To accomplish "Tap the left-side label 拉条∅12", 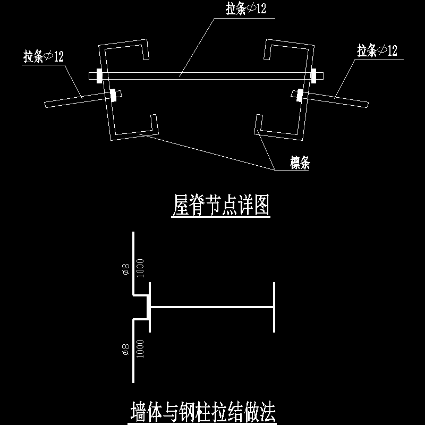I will (x=44, y=56).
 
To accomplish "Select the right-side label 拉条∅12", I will (x=377, y=51).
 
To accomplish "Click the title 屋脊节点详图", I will (x=222, y=206).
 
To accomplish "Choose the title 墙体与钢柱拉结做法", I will (x=203, y=412).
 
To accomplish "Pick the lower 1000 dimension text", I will (x=140, y=349).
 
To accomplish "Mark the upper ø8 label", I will (x=125, y=270).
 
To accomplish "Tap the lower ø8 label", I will (x=125, y=349).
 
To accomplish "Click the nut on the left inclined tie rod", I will (x=113, y=96).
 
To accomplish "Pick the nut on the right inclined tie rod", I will (x=300, y=96).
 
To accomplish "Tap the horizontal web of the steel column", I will (x=212, y=307).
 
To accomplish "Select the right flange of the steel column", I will (x=275, y=307).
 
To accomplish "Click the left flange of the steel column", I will (x=150, y=307).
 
